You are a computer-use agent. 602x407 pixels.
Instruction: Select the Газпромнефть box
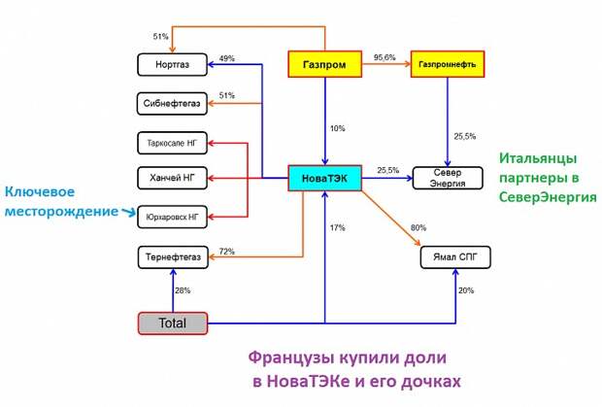click(x=448, y=64)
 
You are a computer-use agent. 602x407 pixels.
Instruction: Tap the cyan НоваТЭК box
click(x=325, y=177)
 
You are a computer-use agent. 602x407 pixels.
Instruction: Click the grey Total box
click(x=172, y=322)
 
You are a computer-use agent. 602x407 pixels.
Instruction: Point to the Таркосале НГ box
click(x=171, y=145)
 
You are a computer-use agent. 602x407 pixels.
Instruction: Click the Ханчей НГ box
click(x=171, y=178)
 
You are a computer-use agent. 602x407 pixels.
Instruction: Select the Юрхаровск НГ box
click(x=171, y=215)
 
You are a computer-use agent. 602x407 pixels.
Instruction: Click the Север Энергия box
click(x=448, y=177)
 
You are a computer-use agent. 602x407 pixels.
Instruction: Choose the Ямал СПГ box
click(x=455, y=257)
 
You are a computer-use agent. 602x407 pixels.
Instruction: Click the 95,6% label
click(x=385, y=57)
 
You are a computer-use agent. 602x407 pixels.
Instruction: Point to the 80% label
click(x=418, y=228)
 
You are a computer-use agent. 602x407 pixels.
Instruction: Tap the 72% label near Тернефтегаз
click(x=227, y=252)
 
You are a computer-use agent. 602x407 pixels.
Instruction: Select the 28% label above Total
click(x=182, y=289)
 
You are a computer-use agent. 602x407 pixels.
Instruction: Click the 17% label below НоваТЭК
click(x=337, y=228)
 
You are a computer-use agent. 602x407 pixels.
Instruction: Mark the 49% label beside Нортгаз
click(x=227, y=58)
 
